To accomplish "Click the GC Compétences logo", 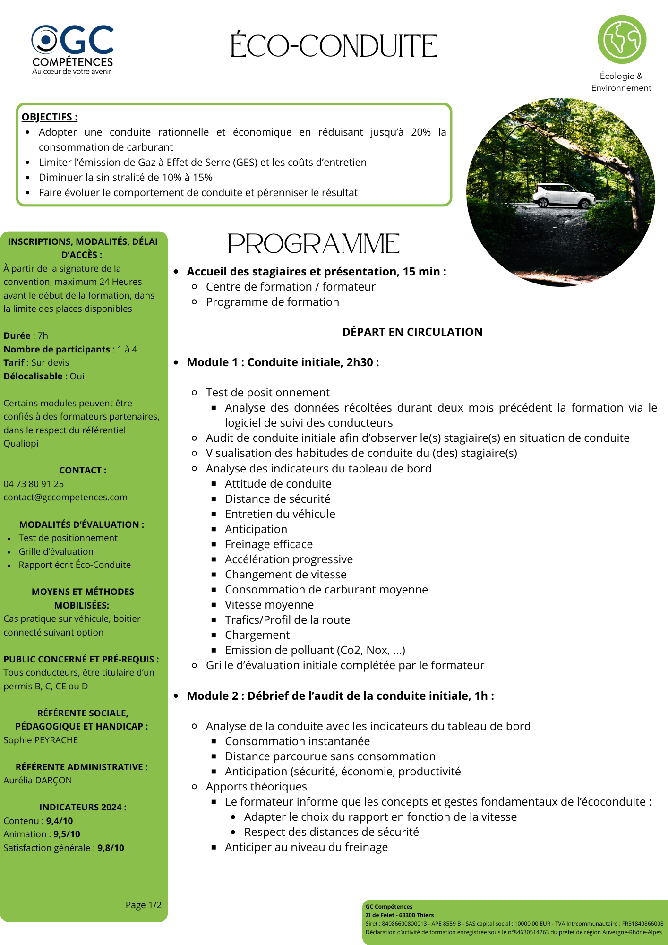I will tap(72, 49).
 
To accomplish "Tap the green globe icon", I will tap(622, 40).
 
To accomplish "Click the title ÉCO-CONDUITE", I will tap(334, 46).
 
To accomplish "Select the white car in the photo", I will tap(564, 195).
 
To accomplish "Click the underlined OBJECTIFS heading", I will tap(50, 117).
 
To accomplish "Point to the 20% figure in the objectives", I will tap(420, 132).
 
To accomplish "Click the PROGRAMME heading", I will tap(313, 244).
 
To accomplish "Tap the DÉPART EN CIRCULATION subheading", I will tap(412, 332).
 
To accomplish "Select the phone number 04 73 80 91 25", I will tap(34, 484).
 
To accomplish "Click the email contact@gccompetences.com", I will tap(65, 497).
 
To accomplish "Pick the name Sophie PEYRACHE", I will tap(41, 740).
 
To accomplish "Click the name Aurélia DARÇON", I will tap(38, 780).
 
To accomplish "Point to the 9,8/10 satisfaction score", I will tap(111, 848).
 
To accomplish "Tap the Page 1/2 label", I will tap(143, 905).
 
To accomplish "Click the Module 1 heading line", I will tap(283, 362).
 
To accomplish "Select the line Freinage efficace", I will tap(268, 544).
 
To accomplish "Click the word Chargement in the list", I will tap(257, 635).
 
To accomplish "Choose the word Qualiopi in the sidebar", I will tap(21, 443).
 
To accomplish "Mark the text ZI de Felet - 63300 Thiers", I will tap(399, 915).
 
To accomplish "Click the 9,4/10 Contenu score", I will tap(60, 821).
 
